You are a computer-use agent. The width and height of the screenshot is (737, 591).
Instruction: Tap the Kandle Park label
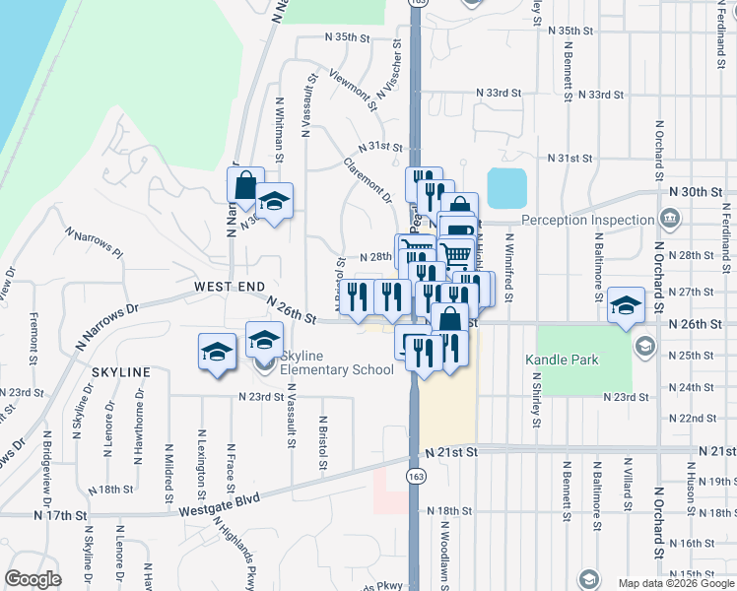pyautogui.click(x=563, y=360)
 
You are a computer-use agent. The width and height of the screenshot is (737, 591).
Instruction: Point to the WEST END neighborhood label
pyautogui.click(x=229, y=286)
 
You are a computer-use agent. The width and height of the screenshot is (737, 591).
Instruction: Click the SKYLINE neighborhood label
pyautogui.click(x=121, y=372)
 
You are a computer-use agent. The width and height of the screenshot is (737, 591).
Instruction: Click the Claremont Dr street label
pyautogui.click(x=368, y=179)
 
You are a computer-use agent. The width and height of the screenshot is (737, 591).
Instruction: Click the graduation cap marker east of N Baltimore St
pyautogui.click(x=625, y=303)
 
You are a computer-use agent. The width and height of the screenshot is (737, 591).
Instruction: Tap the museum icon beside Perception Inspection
pyautogui.click(x=670, y=218)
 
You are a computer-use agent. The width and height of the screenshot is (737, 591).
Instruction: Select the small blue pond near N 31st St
pyautogui.click(x=506, y=187)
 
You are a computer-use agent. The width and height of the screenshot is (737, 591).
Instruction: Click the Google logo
pyautogui.click(x=32, y=579)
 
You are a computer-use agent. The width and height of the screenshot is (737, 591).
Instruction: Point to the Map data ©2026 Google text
pyautogui.click(x=676, y=583)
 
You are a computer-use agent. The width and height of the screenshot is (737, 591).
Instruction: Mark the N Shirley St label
pyautogui.click(x=538, y=400)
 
